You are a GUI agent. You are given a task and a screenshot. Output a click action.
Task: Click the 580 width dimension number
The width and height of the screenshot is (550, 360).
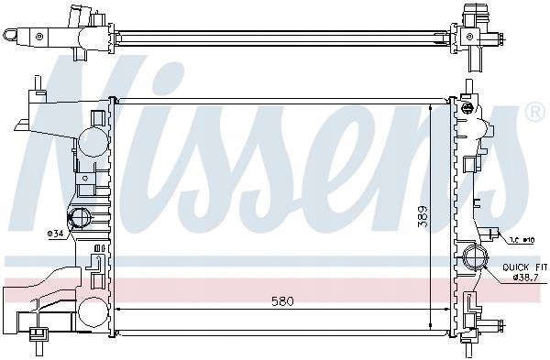pos(282,301)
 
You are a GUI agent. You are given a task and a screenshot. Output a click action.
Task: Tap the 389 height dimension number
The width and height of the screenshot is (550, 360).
pos(423,216)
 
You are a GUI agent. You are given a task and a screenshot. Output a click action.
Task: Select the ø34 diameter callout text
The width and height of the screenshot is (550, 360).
pos(55,234)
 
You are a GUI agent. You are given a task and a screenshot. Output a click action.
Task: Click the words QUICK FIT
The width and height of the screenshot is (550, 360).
pos(524,267)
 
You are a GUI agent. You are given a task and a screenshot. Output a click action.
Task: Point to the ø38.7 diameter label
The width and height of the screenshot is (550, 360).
pos(525,278)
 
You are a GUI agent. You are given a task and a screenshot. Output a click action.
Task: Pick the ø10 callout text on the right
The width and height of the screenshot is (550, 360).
pos(522,240)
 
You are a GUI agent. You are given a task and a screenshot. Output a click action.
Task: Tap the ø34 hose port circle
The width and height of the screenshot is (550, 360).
pos(79,217)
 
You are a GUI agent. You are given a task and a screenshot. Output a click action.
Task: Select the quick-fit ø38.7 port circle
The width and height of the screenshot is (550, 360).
pos(474,257)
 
